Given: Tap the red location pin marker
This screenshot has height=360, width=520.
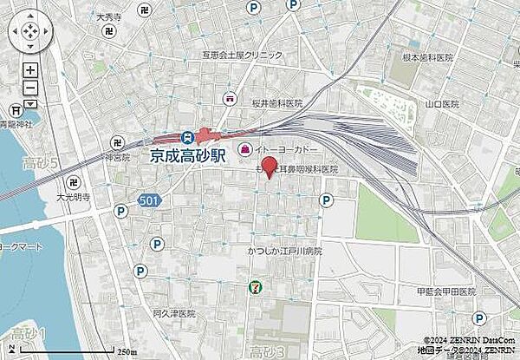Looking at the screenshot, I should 269,167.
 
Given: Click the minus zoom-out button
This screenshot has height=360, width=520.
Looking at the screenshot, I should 29,88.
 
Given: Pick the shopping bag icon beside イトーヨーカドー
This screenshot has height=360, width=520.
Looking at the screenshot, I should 245,149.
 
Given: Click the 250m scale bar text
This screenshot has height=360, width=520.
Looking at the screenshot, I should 127,351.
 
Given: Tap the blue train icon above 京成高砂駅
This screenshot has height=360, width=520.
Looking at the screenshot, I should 186,136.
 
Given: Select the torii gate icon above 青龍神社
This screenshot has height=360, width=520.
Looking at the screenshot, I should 16,110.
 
